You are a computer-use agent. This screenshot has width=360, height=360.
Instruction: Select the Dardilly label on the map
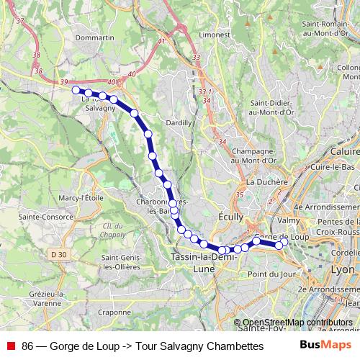tap(179, 123)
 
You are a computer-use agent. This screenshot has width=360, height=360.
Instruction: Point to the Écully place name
tap(230, 216)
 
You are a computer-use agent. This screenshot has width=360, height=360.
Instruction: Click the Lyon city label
tap(342, 269)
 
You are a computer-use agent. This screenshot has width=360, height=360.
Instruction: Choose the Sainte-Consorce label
tap(40, 215)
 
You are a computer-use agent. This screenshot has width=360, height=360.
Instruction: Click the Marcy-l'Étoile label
tap(81, 197)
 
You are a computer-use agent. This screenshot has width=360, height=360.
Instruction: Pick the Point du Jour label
tap(271, 274)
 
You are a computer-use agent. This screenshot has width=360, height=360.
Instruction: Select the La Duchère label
tap(266, 182)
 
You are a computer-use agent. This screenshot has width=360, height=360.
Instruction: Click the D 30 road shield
tap(59, 254)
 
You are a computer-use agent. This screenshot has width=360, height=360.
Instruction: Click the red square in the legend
tap(11, 346)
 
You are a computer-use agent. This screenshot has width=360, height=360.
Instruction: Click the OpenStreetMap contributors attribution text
tap(297, 323)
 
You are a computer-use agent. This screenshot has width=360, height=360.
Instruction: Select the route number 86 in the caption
tap(27, 346)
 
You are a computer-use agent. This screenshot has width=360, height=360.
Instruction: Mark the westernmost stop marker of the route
tap(76, 90)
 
